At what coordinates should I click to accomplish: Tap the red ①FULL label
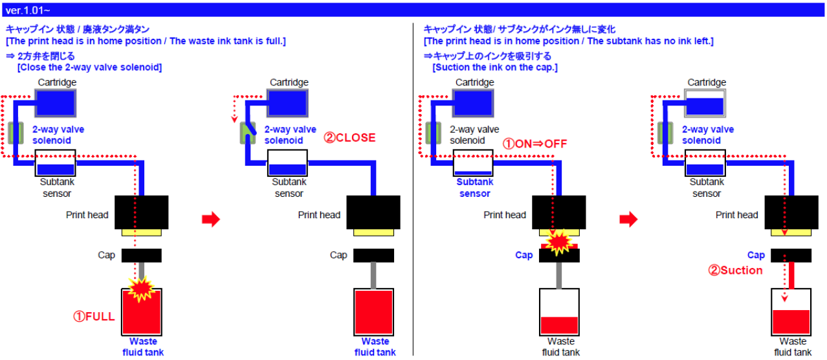[x=94, y=317]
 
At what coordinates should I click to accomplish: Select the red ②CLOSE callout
[x=349, y=138]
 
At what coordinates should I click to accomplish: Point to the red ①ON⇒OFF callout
[x=535, y=144]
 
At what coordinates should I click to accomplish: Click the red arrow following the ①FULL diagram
[x=211, y=219]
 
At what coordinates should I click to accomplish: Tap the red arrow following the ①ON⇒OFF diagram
[x=628, y=219]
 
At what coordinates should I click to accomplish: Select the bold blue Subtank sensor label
[x=475, y=188]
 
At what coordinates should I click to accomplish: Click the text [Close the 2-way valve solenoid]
[x=90, y=67]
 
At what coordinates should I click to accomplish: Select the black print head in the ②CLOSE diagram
[x=374, y=212]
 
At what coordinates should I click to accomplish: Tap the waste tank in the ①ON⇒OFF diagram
[x=559, y=311]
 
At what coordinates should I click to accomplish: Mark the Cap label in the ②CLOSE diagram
[x=338, y=255]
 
